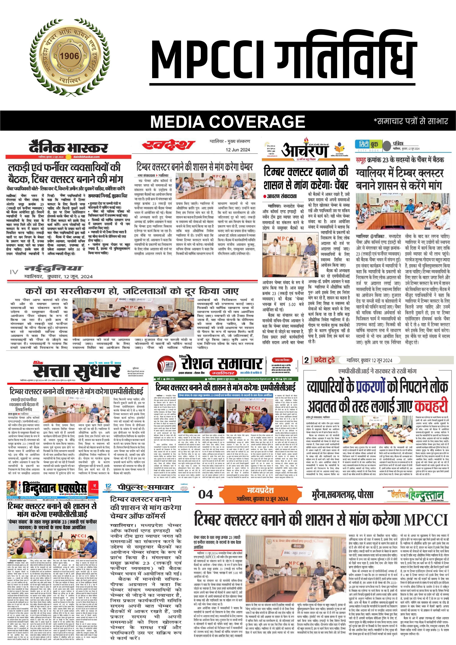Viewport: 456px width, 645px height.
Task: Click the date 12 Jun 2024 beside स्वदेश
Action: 238,150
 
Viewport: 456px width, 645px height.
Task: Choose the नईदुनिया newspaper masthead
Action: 53,268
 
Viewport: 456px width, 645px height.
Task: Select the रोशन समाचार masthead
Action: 222,364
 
